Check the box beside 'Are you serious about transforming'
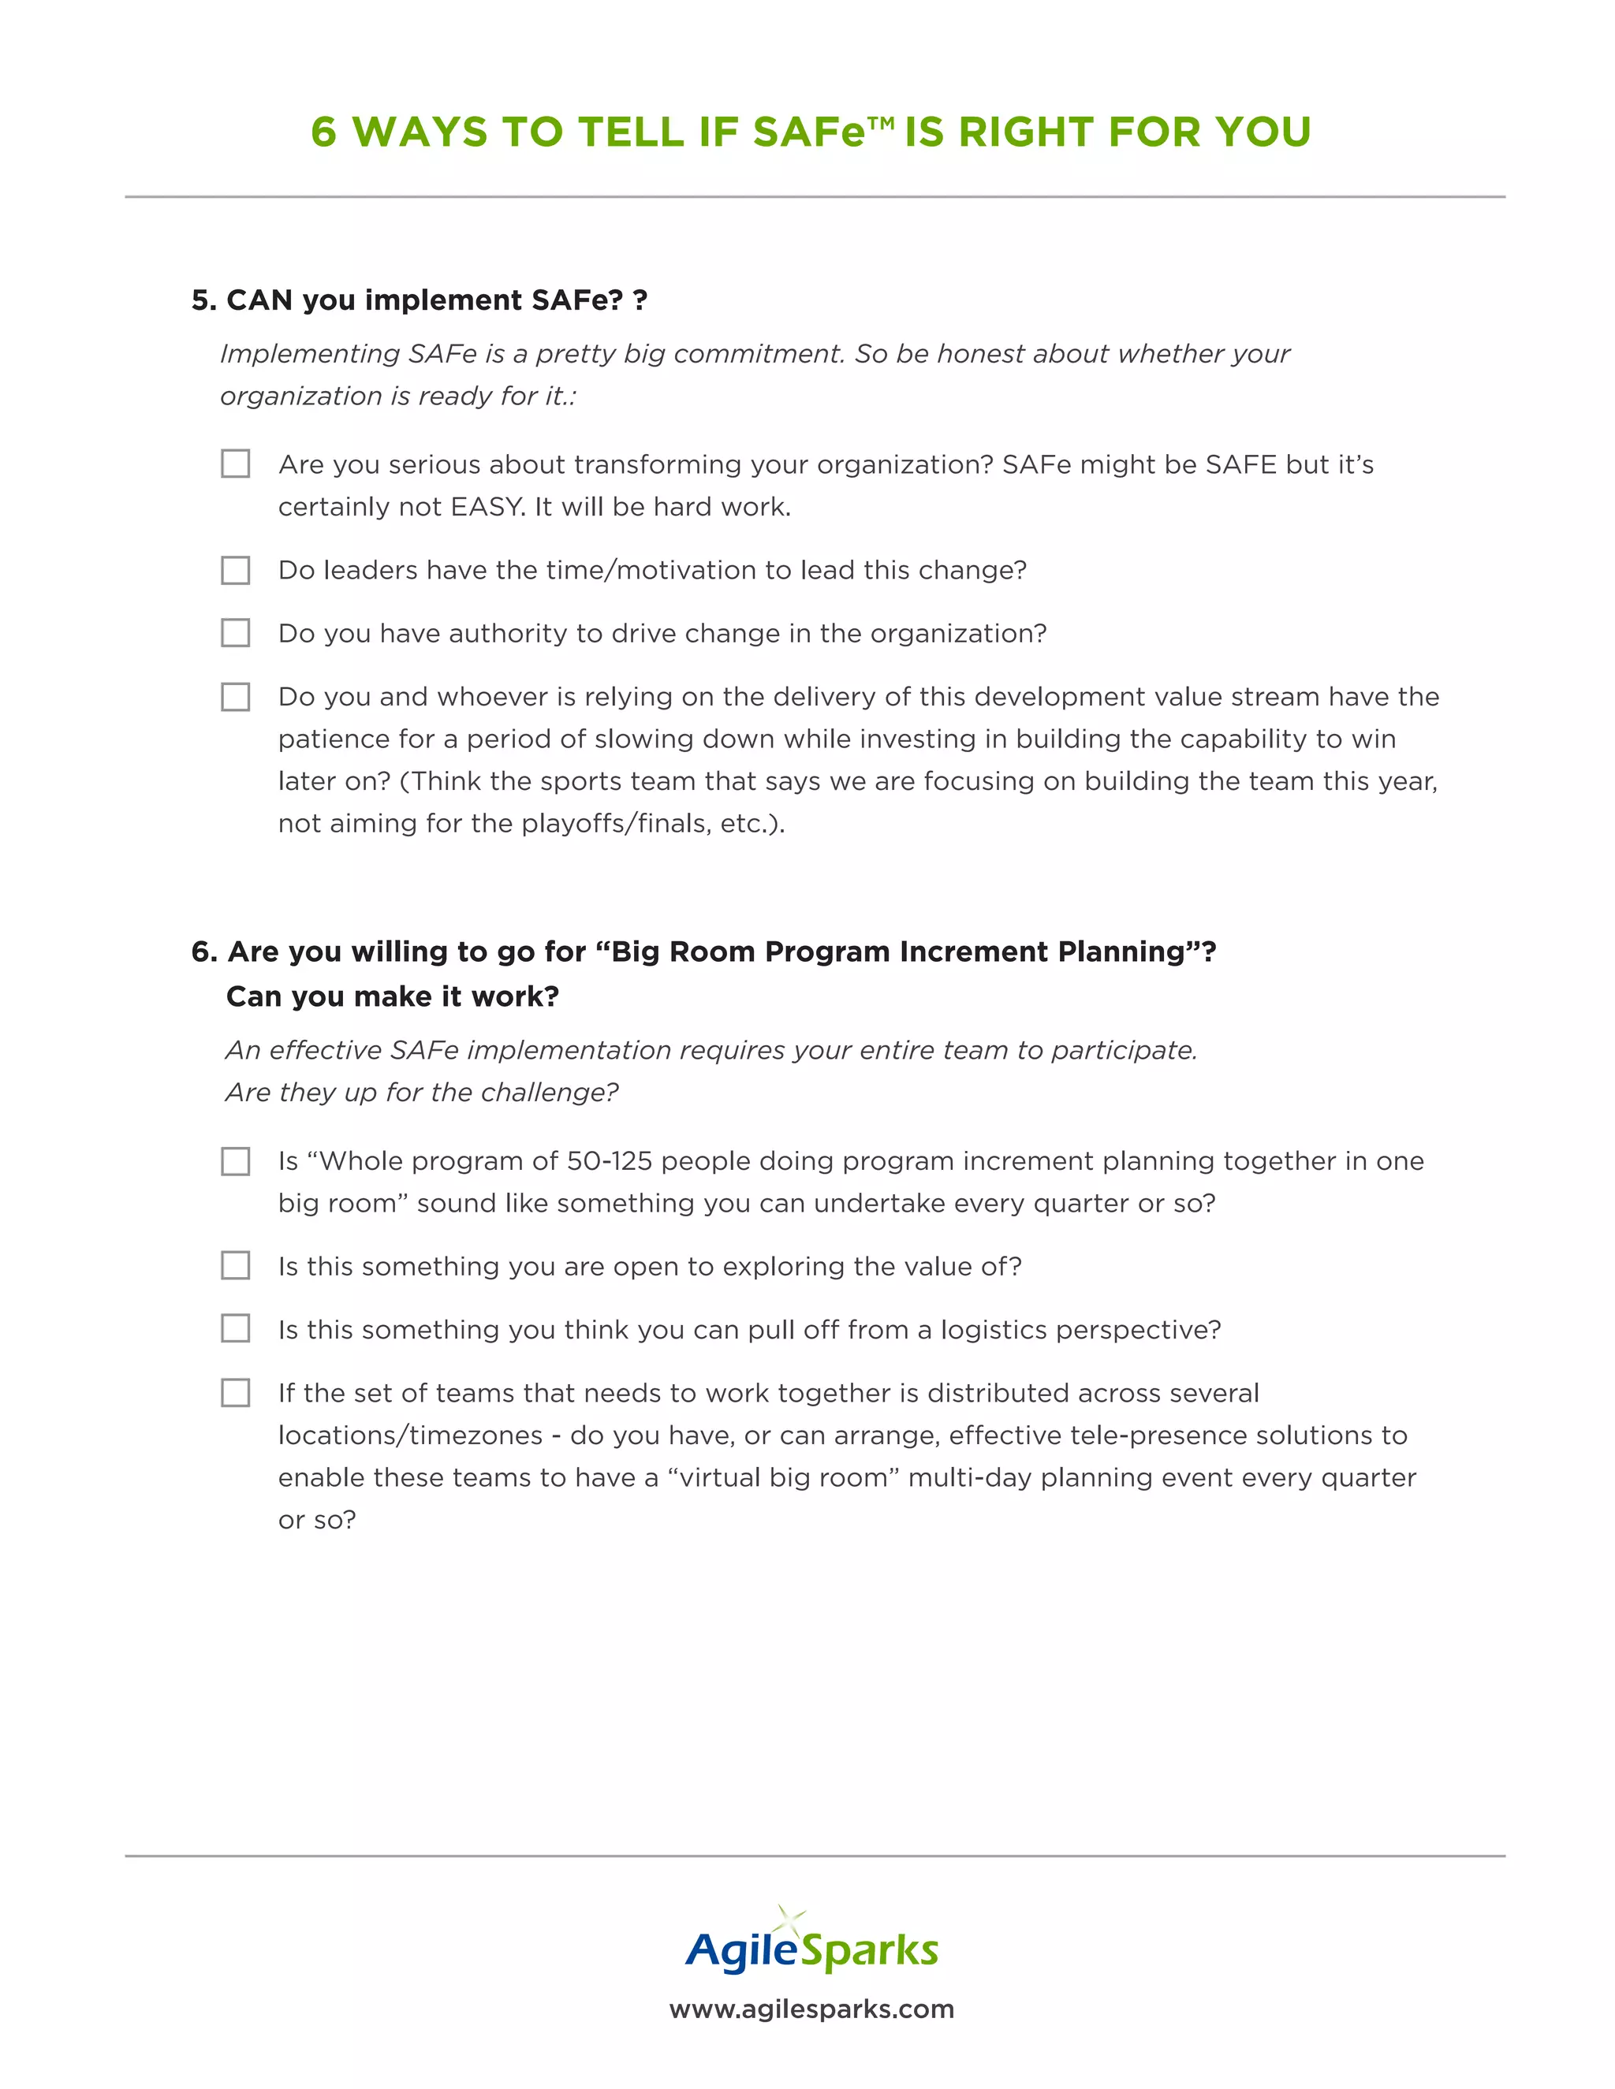[235, 464]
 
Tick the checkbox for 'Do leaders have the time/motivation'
[235, 570]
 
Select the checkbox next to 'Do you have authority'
[235, 633]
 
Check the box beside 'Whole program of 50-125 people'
[235, 1161]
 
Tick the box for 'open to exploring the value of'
[235, 1265]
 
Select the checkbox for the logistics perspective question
[235, 1328]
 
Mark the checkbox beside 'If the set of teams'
[235, 1393]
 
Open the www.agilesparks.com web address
[811, 2009]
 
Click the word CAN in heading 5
[259, 300]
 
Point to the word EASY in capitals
[485, 507]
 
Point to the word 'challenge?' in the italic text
[550, 1093]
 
